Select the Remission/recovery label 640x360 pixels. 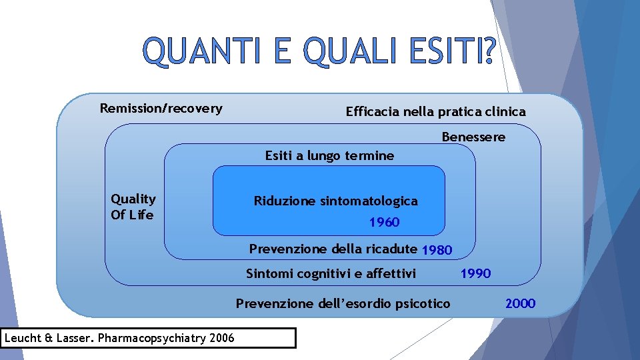161,108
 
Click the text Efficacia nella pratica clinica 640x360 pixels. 435,112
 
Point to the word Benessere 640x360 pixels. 473,137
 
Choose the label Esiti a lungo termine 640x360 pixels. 329,156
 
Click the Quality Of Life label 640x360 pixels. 133,207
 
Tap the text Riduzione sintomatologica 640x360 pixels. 335,201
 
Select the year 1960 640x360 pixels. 384,223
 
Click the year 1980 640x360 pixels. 437,251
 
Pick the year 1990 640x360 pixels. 476,273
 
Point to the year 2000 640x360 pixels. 520,304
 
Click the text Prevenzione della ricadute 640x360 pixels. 333,249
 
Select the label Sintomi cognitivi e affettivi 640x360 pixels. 331,273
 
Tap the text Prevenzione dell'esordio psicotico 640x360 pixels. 343,304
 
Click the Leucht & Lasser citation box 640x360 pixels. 148,338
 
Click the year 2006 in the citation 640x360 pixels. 221,338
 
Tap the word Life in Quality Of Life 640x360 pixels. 141,215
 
